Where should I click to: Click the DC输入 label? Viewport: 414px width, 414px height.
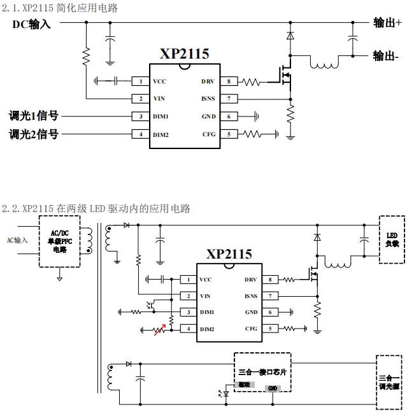(x=31, y=24)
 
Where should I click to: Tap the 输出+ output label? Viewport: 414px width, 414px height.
(x=387, y=23)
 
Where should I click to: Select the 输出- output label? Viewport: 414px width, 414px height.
(x=386, y=56)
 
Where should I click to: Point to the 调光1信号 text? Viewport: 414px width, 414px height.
(x=33, y=116)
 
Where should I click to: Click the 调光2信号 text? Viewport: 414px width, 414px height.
(x=33, y=134)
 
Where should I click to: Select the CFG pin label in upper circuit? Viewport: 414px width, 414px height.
(x=209, y=134)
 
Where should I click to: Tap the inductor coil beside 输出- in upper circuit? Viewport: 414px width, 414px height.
(x=324, y=64)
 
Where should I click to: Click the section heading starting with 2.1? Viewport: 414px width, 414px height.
(x=60, y=8)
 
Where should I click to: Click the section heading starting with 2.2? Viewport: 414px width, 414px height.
(x=96, y=208)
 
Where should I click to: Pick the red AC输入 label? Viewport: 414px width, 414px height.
(x=17, y=240)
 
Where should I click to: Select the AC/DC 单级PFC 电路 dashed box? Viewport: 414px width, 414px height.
(x=59, y=241)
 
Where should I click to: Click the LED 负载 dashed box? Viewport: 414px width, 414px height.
(x=392, y=239)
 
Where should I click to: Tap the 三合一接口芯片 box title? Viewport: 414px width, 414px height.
(x=262, y=371)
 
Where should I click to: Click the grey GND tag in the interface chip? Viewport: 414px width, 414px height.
(x=273, y=388)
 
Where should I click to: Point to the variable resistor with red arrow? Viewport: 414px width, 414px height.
(x=161, y=329)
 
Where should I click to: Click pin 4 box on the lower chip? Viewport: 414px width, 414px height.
(x=189, y=329)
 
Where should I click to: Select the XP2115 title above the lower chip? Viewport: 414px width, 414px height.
(x=229, y=254)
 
